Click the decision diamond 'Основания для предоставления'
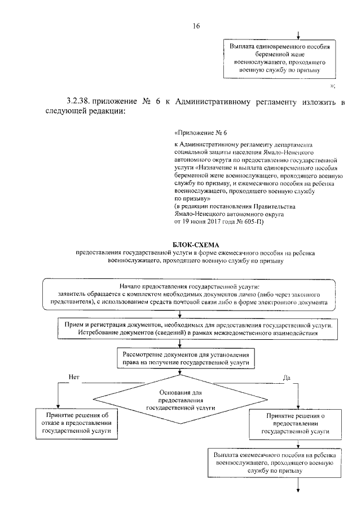[x=180, y=398]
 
